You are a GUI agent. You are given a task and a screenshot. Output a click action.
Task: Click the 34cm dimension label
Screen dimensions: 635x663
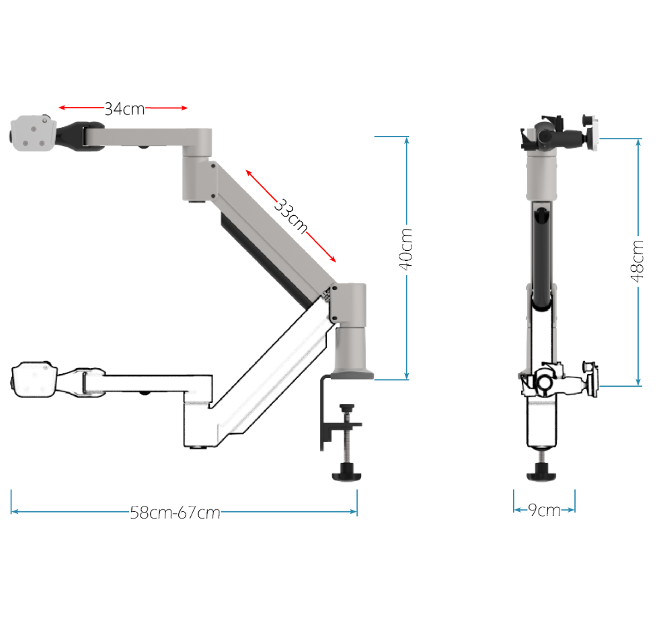pyautogui.click(x=124, y=108)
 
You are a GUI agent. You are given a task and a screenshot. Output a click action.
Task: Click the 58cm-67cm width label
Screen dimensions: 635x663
pyautogui.click(x=175, y=513)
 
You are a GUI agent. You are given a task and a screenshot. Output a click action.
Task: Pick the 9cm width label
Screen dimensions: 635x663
pyautogui.click(x=543, y=510)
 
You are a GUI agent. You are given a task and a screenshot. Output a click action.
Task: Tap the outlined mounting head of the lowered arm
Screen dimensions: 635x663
pyautogui.click(x=33, y=381)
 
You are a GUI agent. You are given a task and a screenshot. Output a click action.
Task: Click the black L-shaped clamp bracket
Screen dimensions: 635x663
pyautogui.click(x=325, y=417)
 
